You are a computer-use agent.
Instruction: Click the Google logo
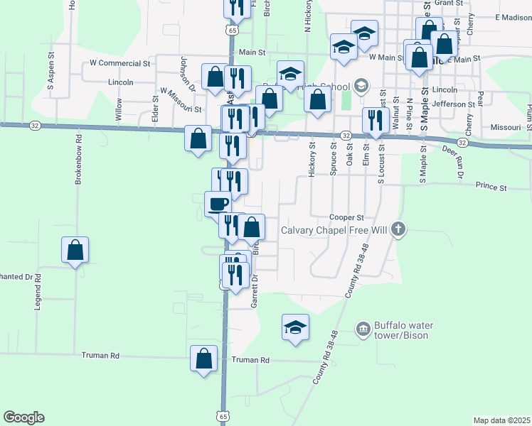[23, 417]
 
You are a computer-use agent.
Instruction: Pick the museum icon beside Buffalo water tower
[363, 329]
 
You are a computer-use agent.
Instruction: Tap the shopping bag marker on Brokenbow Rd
[75, 250]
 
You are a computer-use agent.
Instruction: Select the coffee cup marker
[218, 203]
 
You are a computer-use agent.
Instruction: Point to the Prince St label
[491, 187]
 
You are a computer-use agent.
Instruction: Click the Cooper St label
[346, 217]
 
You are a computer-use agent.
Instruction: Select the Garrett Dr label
[254, 292]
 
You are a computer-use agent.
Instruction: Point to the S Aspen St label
[51, 74]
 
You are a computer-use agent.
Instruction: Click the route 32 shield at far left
[35, 125]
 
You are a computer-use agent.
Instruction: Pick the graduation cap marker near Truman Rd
[295, 327]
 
